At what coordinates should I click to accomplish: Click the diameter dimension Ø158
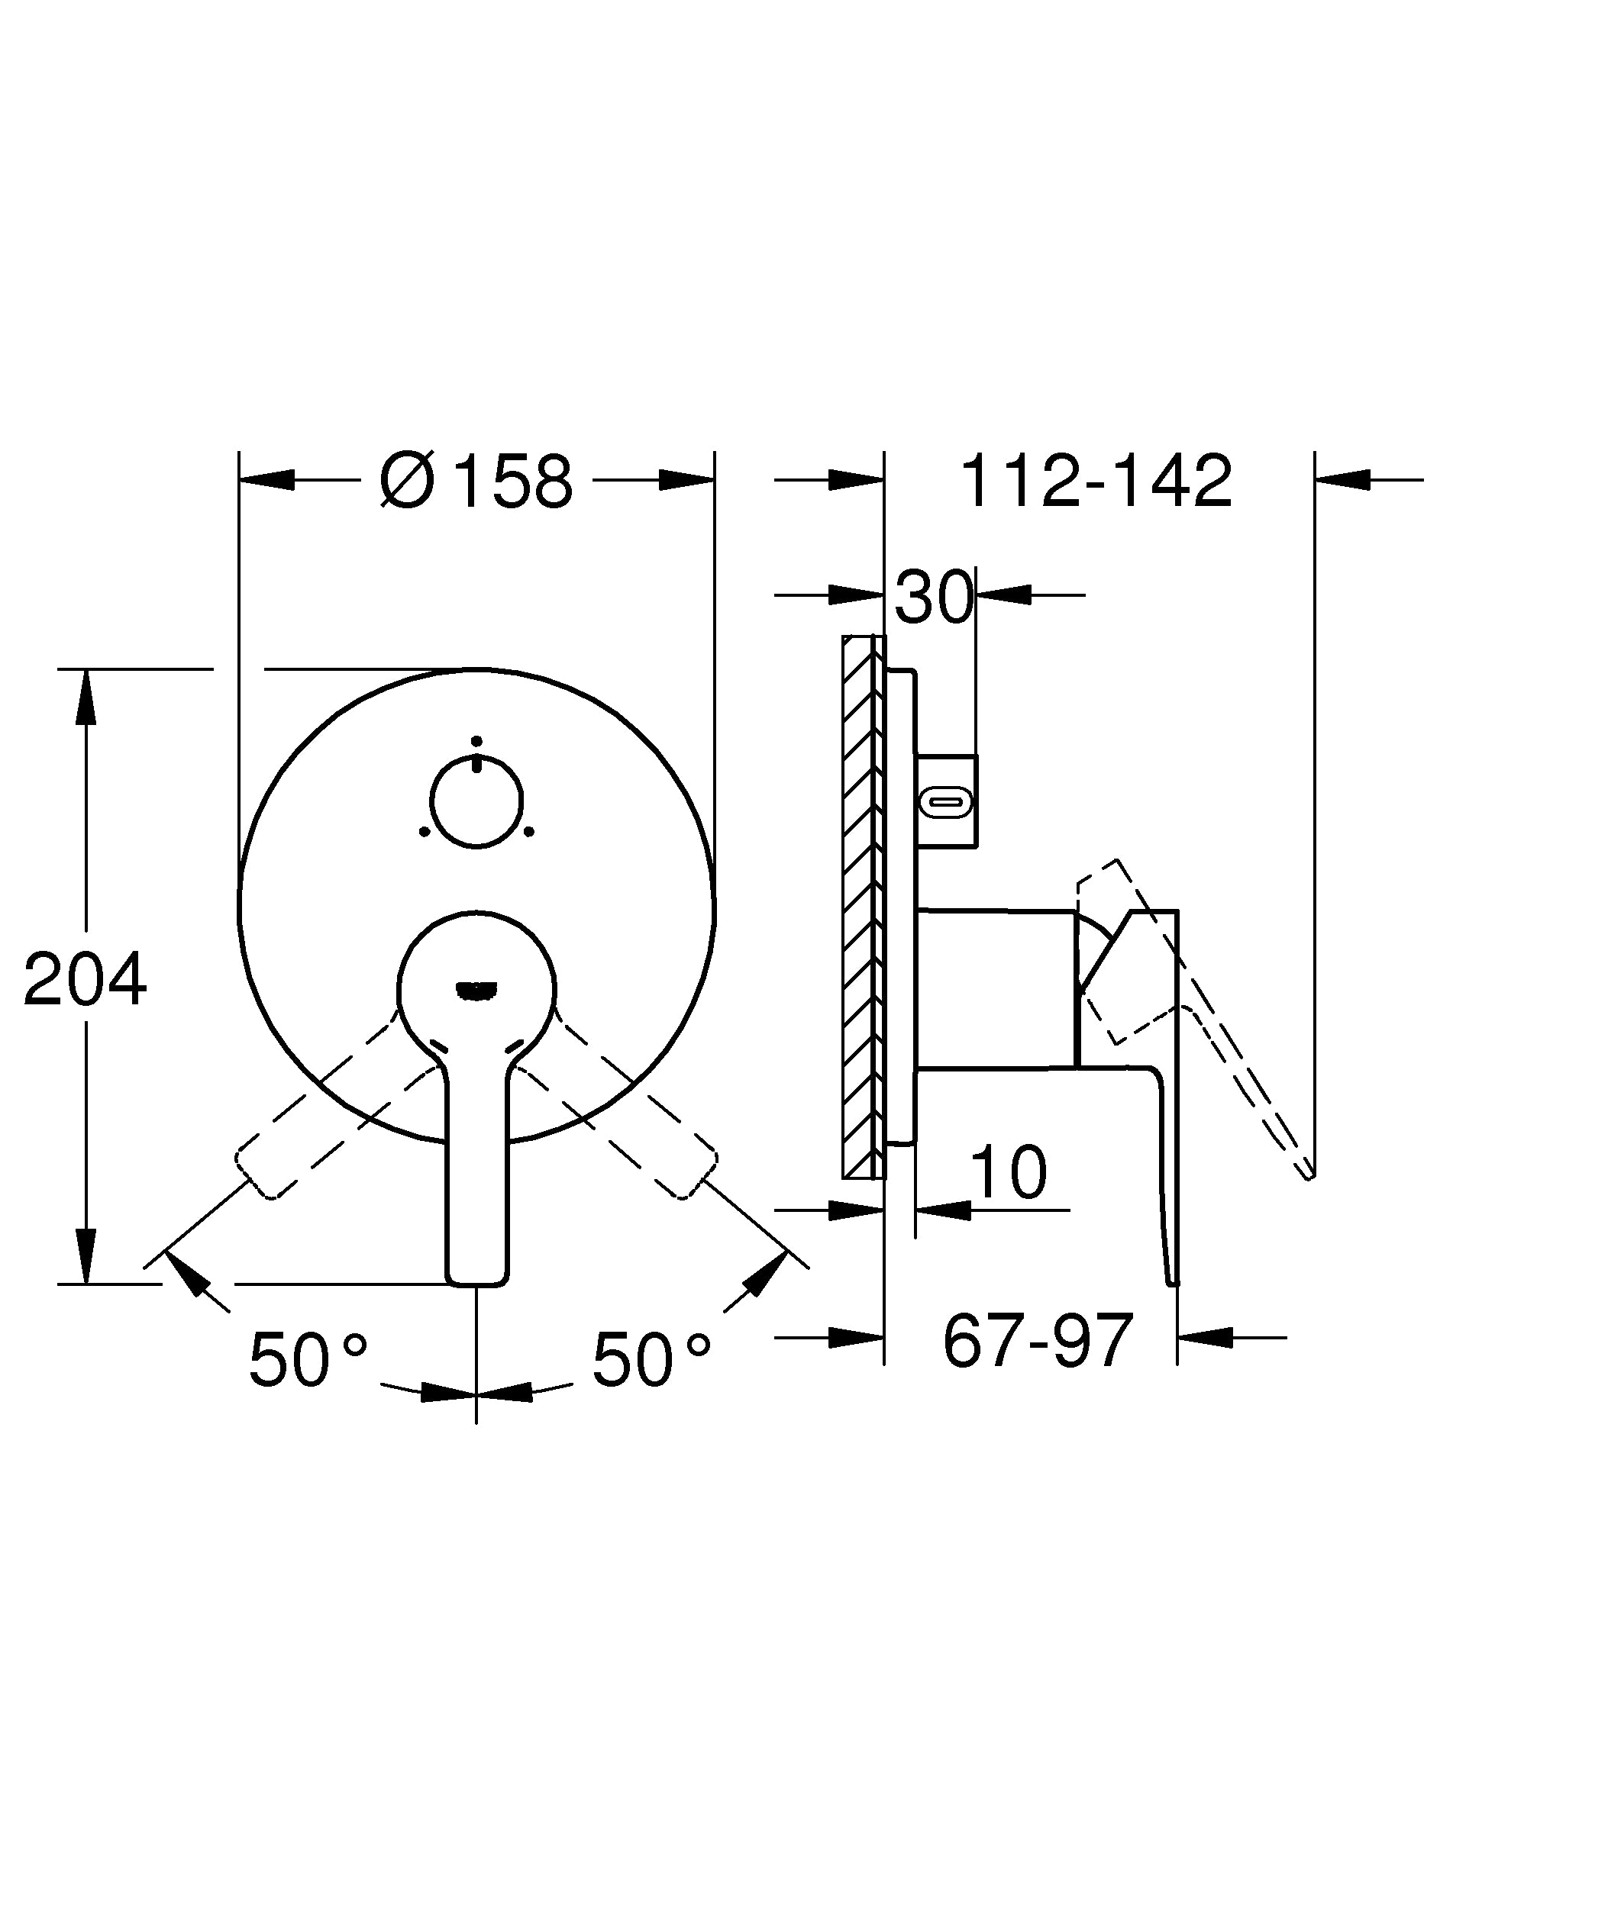[476, 480]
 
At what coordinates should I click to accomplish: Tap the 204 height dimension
[85, 980]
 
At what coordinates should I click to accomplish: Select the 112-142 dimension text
[1096, 480]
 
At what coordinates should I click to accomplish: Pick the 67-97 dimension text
[1038, 1341]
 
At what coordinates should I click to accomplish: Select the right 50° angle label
[651, 1359]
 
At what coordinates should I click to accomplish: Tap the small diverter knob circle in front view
[476, 801]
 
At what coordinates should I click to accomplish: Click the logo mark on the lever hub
[476, 989]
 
